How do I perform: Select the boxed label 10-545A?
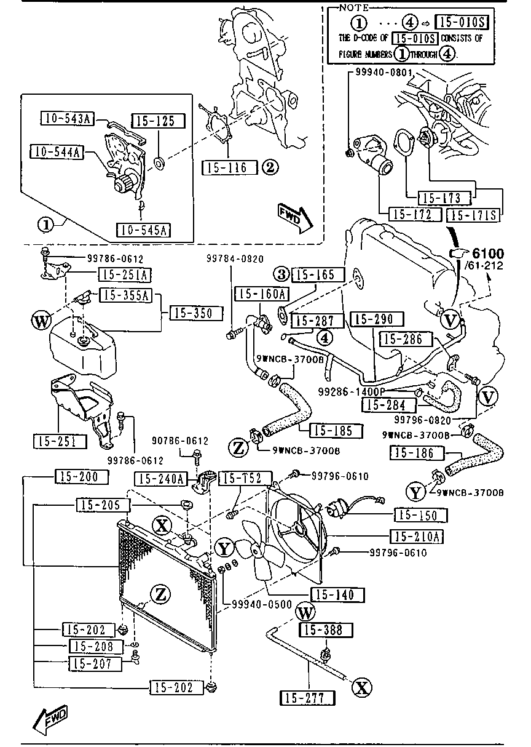pos(143,230)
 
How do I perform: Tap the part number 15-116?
pos(227,167)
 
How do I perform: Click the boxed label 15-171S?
pos(474,215)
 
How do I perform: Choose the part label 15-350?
pos(192,313)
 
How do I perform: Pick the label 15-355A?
pos(125,295)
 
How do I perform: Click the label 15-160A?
pos(262,294)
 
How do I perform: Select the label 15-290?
pos(376,319)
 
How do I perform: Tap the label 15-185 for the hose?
pos(335,431)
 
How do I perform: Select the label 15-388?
pos(326,630)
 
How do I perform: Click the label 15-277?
pos(308,698)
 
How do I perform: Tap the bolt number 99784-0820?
pos(230,260)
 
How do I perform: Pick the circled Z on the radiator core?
pos(159,594)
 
